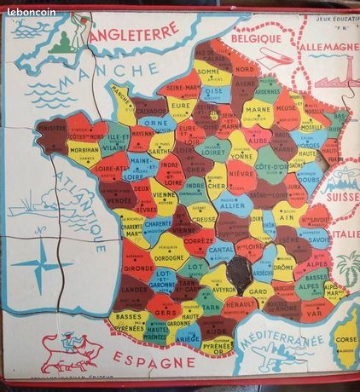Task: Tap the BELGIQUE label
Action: coord(254,37)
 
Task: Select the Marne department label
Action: coord(258,109)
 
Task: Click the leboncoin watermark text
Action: coord(31,12)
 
